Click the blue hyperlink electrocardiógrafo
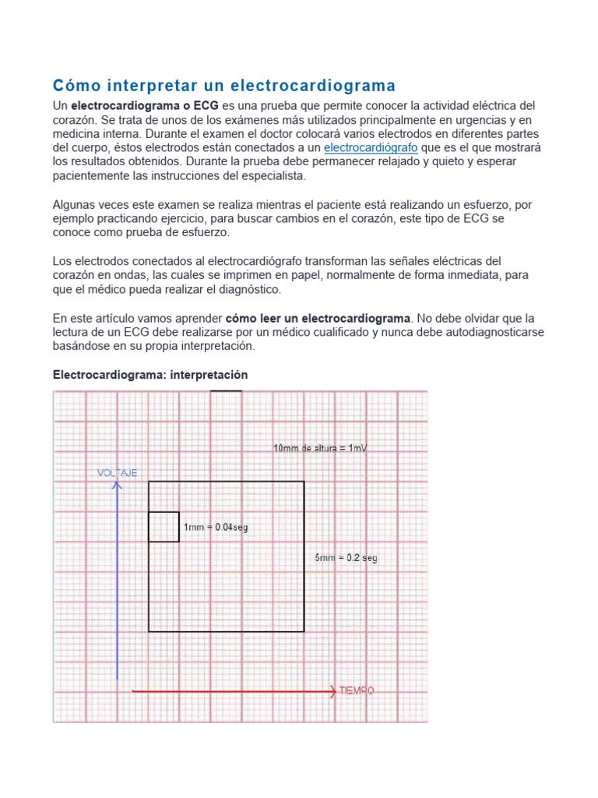click(371, 147)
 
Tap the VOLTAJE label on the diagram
click(118, 473)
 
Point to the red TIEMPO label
click(357, 690)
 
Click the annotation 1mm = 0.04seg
click(216, 528)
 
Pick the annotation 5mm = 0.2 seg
click(346, 558)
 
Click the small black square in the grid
click(164, 527)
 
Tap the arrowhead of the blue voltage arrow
click(117, 486)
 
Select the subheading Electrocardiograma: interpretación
click(150, 375)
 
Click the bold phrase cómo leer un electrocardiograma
click(317, 318)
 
